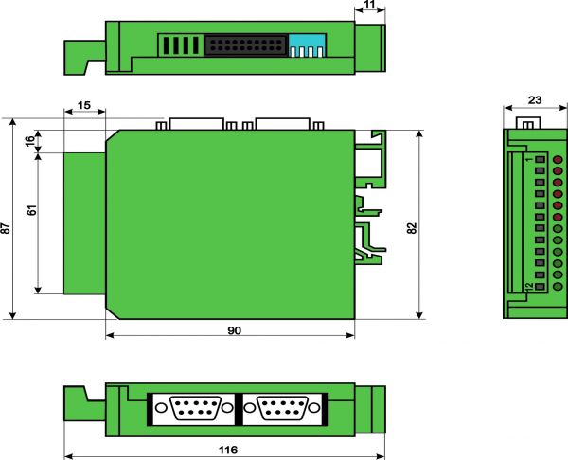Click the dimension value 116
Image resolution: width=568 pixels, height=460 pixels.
point(228,450)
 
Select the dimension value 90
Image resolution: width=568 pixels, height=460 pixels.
point(235,330)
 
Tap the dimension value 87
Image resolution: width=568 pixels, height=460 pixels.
point(7,228)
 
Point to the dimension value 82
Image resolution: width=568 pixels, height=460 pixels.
point(412,228)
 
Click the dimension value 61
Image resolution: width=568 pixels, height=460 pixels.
point(32,210)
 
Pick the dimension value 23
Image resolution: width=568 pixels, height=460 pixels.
point(535,99)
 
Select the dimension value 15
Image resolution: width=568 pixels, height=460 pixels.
point(83,105)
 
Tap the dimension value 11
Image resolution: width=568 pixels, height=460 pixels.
point(369,4)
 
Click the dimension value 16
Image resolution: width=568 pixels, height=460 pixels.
point(30,139)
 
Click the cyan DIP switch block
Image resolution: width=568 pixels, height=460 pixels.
point(308,45)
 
